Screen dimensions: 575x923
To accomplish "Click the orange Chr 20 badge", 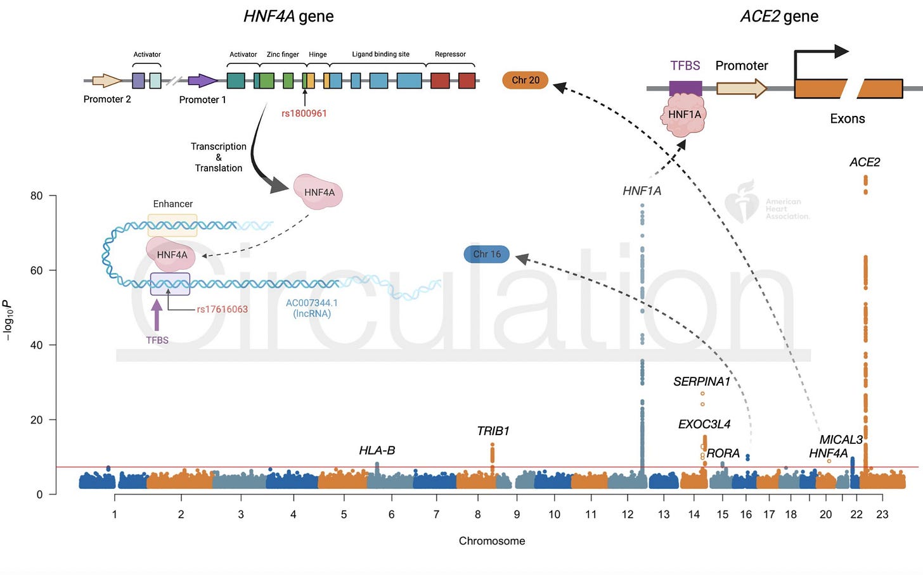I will [x=525, y=80].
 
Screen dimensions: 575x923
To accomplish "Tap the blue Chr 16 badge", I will [x=486, y=255].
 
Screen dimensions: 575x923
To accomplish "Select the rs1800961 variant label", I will [x=304, y=113].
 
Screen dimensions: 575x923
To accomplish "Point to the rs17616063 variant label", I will [x=222, y=309].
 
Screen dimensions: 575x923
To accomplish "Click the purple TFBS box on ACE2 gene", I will [x=685, y=87].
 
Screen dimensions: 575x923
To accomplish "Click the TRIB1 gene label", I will [x=493, y=431].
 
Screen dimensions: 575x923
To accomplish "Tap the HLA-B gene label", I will [x=377, y=450].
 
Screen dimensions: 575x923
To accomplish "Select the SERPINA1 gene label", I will [x=701, y=381].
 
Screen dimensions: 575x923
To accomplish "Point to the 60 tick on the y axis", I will [x=37, y=270].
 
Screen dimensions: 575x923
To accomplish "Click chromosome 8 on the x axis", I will [x=478, y=514].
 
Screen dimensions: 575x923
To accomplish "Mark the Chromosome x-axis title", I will [x=492, y=541].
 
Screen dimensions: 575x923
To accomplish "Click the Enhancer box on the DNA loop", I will [x=172, y=225].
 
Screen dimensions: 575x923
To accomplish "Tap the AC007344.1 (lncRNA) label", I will [x=311, y=308].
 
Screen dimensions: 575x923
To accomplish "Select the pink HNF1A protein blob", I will [x=685, y=115].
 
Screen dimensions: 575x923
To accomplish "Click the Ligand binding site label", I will [x=380, y=54].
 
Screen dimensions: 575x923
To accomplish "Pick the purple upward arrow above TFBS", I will [x=157, y=315].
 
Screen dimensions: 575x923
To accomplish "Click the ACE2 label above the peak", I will [x=865, y=162].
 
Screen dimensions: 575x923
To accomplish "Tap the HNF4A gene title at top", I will [x=288, y=16].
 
